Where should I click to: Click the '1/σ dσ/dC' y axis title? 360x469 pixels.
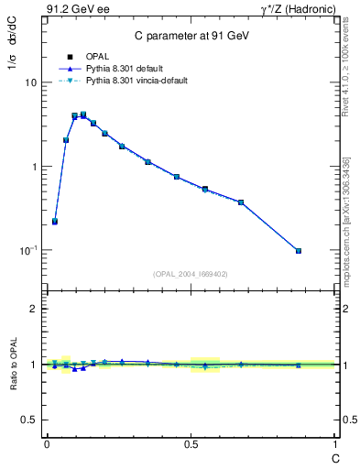coord(12,54)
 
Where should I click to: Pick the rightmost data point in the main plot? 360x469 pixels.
coord(299,250)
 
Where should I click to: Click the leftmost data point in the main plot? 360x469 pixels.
coord(55,221)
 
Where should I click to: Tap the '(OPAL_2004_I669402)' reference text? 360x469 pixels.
coord(191,274)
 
